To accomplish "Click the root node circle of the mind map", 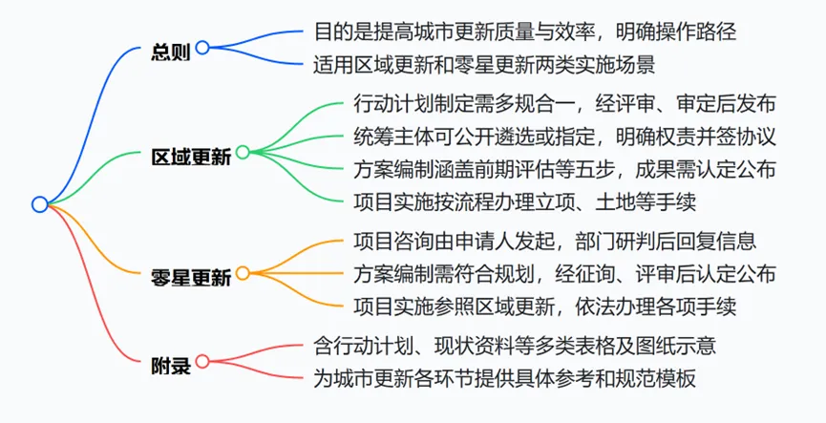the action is pos(39,203).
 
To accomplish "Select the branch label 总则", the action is pos(171,52).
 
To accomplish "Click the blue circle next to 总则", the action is pos(202,47).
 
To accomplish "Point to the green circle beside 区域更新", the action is pos(242,152).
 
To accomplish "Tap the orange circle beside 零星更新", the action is pos(242,273).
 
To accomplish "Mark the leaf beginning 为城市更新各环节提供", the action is pos(504,377).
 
